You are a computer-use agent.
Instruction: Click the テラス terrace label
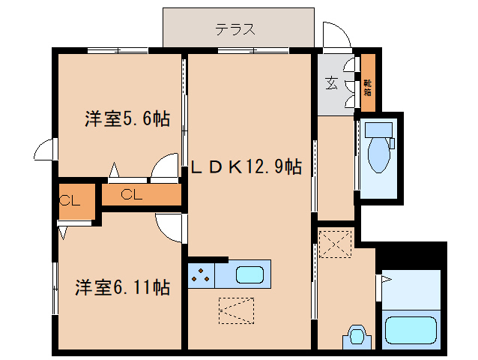[236, 30]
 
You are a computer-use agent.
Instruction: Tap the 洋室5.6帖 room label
[127, 118]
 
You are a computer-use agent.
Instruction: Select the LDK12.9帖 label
[246, 166]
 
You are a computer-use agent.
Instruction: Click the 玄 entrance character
[331, 83]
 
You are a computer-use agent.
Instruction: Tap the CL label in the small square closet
[70, 200]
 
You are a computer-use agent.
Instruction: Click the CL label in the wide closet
[131, 195]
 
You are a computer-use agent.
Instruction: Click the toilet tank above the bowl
[379, 128]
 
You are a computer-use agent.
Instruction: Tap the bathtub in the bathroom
[410, 330]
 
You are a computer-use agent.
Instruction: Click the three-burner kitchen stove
[200, 275]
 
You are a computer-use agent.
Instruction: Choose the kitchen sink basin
[251, 274]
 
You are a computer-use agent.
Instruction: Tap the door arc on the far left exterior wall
[46, 149]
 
